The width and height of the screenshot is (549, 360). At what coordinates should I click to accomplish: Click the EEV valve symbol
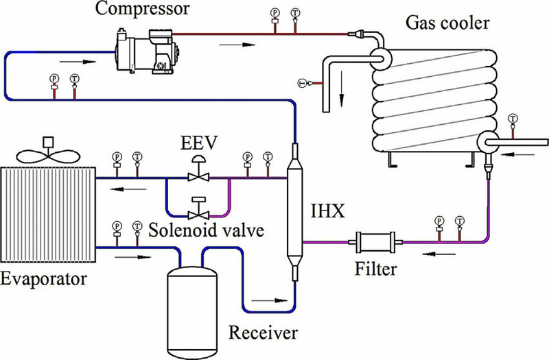tap(198, 176)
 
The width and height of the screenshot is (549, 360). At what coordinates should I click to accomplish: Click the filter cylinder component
tap(373, 242)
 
